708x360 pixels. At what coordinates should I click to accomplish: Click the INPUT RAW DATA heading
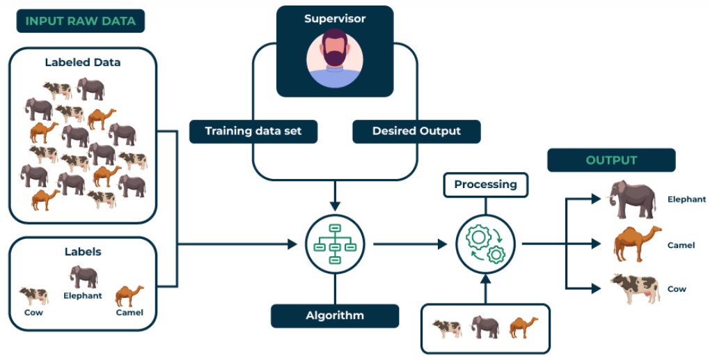tap(80, 21)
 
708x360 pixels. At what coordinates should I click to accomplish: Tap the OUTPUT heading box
tap(611, 160)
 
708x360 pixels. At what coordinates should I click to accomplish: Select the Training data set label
tap(253, 131)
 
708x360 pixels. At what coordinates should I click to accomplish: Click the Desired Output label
tap(416, 131)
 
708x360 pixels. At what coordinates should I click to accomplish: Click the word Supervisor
tap(335, 19)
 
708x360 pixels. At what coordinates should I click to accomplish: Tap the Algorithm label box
tap(335, 315)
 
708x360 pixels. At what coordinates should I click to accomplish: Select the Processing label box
tap(485, 185)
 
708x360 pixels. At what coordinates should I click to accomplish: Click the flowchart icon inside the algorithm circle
tap(335, 244)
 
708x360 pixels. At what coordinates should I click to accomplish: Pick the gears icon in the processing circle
tap(485, 244)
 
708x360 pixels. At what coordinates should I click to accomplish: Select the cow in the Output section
tap(635, 288)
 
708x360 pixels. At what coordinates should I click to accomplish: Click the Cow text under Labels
tap(33, 313)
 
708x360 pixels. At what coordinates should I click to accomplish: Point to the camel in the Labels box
tap(129, 295)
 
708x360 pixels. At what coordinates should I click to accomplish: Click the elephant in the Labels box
tap(84, 276)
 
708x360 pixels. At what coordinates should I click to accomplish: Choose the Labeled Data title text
tap(82, 62)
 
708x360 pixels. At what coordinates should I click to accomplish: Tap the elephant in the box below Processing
tap(485, 327)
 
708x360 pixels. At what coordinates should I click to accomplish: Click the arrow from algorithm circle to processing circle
tap(410, 244)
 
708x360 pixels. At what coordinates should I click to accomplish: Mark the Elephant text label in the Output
tap(686, 199)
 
